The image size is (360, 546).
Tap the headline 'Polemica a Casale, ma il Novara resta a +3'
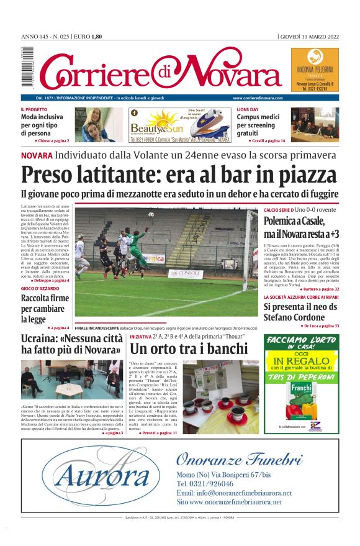(x=301, y=227)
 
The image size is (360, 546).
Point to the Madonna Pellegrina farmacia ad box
(x=315, y=69)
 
